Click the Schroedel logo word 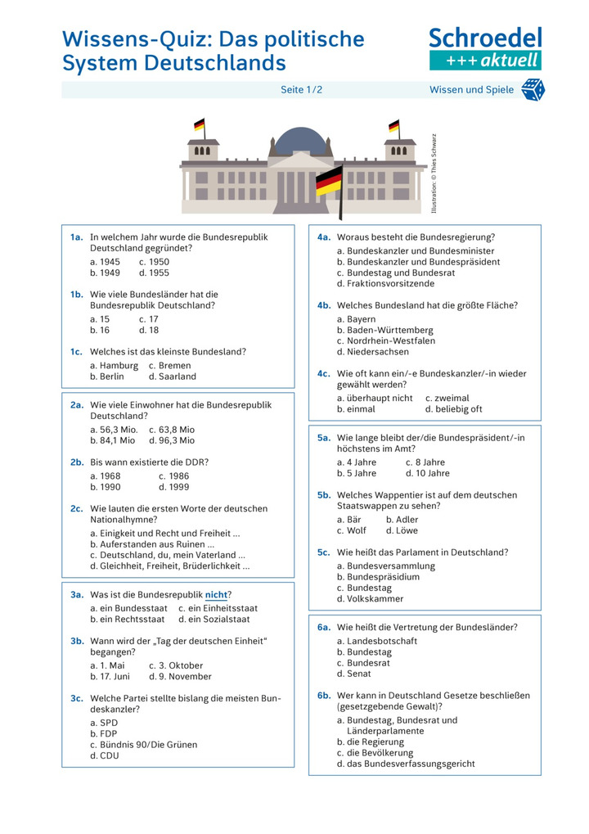(x=485, y=38)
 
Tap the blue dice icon (x=533, y=90)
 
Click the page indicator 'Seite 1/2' (x=302, y=90)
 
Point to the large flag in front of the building (x=329, y=182)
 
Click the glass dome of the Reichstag (x=300, y=141)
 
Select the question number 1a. (x=77, y=237)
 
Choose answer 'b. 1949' (x=105, y=273)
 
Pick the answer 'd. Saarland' (x=173, y=376)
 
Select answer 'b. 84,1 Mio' (x=113, y=440)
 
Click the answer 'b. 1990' (x=106, y=487)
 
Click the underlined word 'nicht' (x=217, y=595)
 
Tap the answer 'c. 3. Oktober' (x=176, y=665)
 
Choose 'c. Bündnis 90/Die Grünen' (x=143, y=745)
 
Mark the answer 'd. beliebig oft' (x=454, y=409)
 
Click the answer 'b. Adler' (x=402, y=519)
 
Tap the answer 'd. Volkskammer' (x=370, y=598)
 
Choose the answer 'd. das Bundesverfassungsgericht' (x=405, y=764)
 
